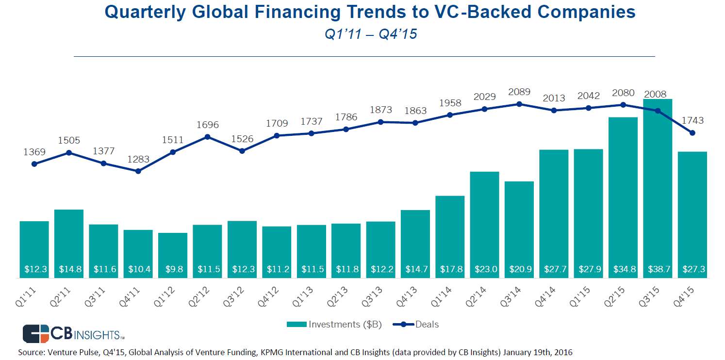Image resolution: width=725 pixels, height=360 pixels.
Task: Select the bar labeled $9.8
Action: pyautogui.click(x=173, y=255)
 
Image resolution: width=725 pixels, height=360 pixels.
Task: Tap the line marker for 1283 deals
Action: pyautogui.click(x=138, y=171)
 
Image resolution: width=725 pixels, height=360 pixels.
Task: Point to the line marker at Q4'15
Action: pyautogui.click(x=692, y=133)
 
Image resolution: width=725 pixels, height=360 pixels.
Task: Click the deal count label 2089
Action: pyautogui.click(x=519, y=92)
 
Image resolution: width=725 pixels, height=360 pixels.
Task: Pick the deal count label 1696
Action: pyautogui.click(x=207, y=125)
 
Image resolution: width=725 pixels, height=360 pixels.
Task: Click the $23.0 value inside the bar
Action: pyautogui.click(x=484, y=269)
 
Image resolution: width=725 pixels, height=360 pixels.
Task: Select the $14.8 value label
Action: pyautogui.click(x=68, y=269)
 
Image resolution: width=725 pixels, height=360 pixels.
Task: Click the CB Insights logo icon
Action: pyautogui.click(x=36, y=334)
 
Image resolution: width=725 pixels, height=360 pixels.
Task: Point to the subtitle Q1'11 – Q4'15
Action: pyautogui.click(x=371, y=34)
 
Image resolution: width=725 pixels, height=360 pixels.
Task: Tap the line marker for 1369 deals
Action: pyautogui.click(x=34, y=164)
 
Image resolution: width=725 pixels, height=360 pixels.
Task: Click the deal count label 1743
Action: pyautogui.click(x=692, y=120)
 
